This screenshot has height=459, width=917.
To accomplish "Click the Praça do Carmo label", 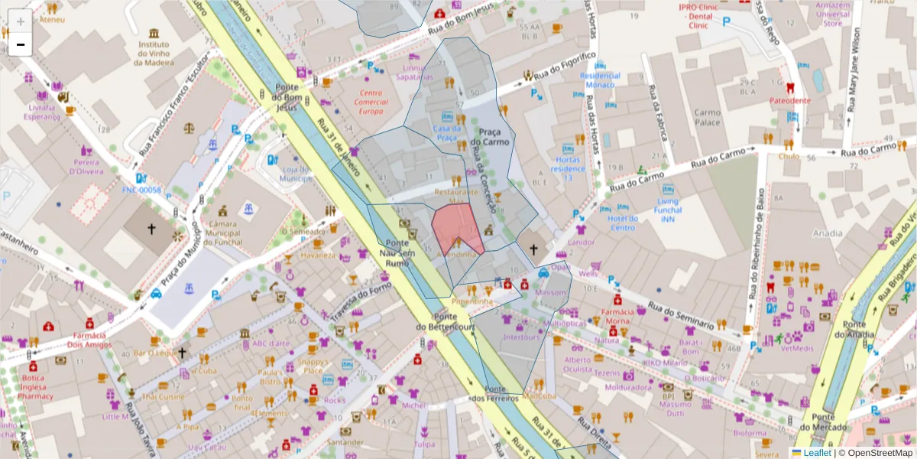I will (490, 138).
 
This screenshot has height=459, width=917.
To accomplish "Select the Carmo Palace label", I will (707, 117).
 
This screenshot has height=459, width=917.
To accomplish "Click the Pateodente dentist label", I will (789, 100).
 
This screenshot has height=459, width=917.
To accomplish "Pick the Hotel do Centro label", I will (623, 223).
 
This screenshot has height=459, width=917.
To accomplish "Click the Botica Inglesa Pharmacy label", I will (35, 387).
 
